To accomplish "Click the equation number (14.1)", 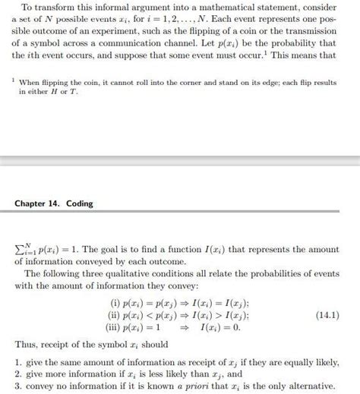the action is point(327,314).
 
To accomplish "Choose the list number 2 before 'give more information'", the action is point(17,374).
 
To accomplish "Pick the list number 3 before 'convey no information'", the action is point(17,386).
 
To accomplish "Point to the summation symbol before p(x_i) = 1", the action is point(21,248).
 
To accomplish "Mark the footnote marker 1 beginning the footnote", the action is point(13,79).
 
